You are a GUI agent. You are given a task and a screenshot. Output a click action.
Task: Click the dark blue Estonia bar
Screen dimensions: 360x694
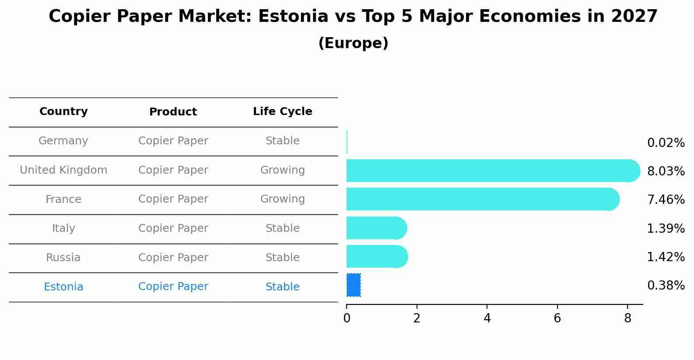pos(354,285)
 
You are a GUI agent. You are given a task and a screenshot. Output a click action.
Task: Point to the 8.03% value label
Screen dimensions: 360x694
pos(666,171)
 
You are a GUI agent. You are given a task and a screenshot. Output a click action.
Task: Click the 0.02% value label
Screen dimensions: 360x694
pos(666,143)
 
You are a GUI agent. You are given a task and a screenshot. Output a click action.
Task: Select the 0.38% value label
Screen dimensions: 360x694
pos(666,286)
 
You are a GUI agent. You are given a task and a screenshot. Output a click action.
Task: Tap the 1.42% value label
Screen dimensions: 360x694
pos(666,257)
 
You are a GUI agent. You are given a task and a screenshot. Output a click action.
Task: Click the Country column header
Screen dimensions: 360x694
pos(63,112)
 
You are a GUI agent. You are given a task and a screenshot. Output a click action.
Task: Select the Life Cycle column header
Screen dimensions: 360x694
pos(282,112)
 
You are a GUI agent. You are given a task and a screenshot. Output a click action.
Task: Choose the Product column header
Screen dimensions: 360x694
pos(173,112)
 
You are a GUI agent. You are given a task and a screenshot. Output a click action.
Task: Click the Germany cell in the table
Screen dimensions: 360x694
pos(63,141)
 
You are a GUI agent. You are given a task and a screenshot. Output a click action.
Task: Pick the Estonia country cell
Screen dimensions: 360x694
pos(63,287)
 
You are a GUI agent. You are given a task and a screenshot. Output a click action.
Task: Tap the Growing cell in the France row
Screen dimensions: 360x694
pos(282,199)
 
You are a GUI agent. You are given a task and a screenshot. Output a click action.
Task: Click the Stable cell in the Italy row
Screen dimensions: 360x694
pos(282,228)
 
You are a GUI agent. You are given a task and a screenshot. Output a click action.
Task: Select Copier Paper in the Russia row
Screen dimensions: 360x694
pos(173,258)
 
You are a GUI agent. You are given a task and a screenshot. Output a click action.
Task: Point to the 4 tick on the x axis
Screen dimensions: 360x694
pos(487,318)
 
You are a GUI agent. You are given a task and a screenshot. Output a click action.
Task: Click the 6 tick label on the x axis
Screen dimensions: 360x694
pos(557,318)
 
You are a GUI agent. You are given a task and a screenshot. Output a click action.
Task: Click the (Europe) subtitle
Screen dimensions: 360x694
pos(353,43)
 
